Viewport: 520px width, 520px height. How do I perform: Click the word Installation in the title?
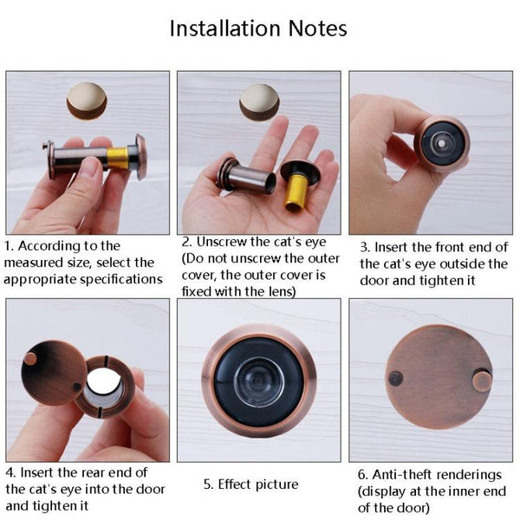coord(222,28)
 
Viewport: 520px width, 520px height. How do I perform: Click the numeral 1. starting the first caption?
coord(10,246)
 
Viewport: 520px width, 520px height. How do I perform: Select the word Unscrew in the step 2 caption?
coord(222,241)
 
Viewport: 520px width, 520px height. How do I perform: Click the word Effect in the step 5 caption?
coord(235,484)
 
